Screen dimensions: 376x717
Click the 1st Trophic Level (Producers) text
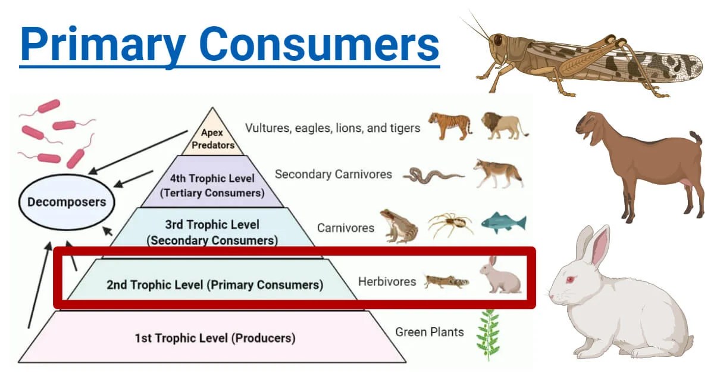coord(214,338)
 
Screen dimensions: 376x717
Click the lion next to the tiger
coord(503,125)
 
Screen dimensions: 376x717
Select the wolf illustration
coord(498,173)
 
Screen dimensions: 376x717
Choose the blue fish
coord(503,222)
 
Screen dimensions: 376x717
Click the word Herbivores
coord(387,281)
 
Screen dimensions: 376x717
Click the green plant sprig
coord(487,334)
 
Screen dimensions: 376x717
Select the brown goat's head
coord(591,126)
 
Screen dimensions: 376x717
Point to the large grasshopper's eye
coord(497,40)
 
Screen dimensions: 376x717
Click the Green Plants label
coord(429,332)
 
